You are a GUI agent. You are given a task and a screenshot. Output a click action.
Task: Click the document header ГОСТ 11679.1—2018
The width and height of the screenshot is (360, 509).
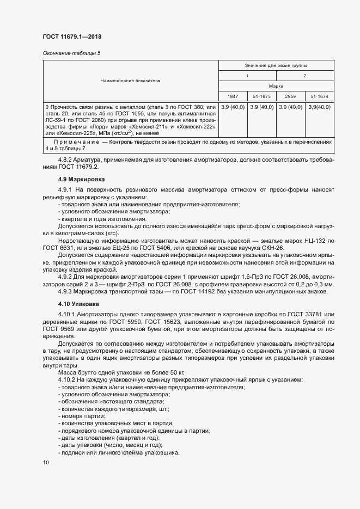coord(72,36)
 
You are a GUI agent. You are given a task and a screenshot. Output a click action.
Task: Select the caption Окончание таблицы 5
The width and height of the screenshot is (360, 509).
coord(71,53)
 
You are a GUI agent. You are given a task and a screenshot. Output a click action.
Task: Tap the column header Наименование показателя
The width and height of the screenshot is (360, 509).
coord(130,81)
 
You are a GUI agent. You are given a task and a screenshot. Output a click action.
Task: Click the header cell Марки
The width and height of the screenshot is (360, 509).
coord(275,86)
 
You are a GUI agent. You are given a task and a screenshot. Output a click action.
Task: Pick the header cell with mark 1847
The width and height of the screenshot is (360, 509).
coord(232,96)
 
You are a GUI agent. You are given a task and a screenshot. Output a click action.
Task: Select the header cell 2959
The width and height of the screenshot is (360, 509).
coord(290,96)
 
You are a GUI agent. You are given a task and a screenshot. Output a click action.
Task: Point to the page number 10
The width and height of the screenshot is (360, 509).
coord(46,462)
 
